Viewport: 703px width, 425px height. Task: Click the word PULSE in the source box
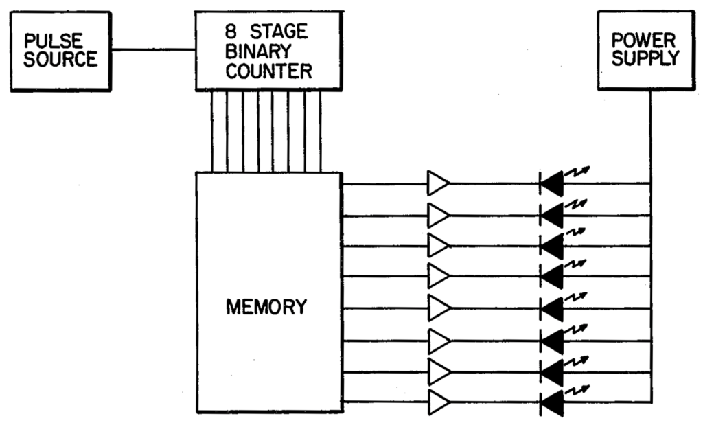point(54,41)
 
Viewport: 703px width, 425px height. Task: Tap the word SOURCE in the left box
point(60,59)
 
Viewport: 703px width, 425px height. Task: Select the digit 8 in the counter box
point(231,32)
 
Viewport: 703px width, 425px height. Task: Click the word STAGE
point(279,32)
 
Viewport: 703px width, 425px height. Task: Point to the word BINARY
point(258,51)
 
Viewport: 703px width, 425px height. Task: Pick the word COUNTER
point(268,71)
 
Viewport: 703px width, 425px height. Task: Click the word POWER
point(643,41)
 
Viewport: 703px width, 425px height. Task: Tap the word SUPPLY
point(645,58)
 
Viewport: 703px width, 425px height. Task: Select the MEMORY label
point(266,307)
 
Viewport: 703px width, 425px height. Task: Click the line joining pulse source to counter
point(153,49)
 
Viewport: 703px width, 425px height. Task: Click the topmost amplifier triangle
point(438,183)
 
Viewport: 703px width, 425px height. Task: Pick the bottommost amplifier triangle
point(439,402)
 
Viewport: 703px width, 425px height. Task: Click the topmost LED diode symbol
point(552,183)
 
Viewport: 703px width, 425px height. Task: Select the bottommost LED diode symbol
point(552,402)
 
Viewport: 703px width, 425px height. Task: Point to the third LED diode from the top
point(552,246)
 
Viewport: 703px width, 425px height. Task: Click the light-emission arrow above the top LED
point(577,171)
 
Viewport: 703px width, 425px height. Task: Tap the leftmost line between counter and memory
point(212,131)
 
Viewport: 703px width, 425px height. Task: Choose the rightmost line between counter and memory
point(321,131)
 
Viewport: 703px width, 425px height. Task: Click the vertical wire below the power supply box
point(650,246)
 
